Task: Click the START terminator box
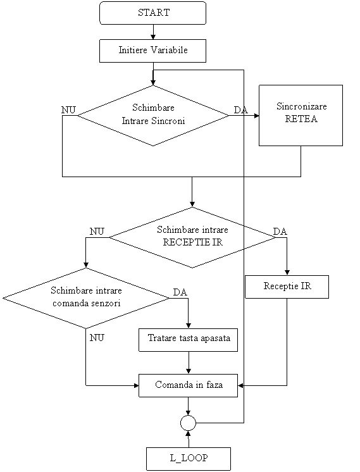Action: (153, 13)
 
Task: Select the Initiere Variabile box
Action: (153, 51)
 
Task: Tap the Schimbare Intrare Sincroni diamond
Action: (153, 116)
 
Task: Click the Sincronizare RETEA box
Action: (301, 116)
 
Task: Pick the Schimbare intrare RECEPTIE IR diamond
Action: (192, 237)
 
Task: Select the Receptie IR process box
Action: (287, 287)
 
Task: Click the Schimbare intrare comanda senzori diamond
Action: (86, 298)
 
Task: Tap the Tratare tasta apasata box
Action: (188, 340)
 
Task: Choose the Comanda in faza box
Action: (188, 385)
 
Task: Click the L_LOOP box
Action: (189, 459)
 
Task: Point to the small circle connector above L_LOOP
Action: (188, 423)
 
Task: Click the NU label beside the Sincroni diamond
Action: (68, 110)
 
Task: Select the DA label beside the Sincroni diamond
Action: (241, 110)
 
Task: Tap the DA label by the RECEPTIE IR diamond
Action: (280, 232)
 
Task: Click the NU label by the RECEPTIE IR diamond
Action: (97, 232)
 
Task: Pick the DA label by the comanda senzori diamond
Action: (180, 292)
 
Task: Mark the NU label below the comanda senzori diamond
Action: (97, 338)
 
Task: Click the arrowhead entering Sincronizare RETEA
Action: (256, 116)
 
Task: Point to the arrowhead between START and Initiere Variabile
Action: (153, 37)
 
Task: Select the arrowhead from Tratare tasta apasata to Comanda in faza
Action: (189, 371)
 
